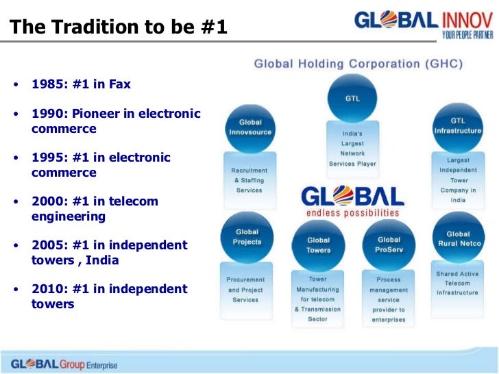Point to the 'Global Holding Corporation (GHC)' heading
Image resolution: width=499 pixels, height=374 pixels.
[x=358, y=64]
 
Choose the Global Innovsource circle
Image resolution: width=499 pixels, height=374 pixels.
[x=250, y=127]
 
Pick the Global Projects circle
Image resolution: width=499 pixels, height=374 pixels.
[x=247, y=237]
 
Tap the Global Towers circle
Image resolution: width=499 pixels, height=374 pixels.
[x=318, y=245]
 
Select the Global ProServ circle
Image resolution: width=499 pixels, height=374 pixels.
[x=389, y=245]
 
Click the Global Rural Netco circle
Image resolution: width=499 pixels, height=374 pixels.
[x=458, y=238]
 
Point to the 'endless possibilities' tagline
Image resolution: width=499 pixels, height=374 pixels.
[x=353, y=212]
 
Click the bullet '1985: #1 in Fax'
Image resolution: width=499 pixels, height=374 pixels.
[x=81, y=85]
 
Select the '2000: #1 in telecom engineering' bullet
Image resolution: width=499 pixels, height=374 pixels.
[x=95, y=209]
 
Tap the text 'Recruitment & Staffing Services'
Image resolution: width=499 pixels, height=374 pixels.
[x=249, y=180]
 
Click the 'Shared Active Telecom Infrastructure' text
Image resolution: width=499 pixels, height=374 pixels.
[x=457, y=284]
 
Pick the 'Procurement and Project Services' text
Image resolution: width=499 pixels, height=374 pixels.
[x=245, y=290]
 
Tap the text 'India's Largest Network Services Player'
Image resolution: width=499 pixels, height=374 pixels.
[x=352, y=149]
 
